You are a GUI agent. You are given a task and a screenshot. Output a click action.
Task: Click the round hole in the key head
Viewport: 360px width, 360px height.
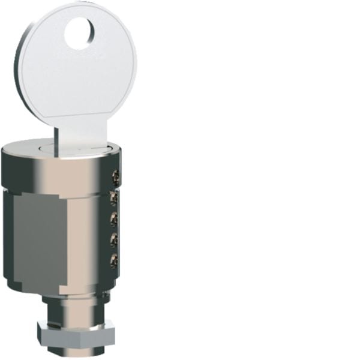click(79, 34)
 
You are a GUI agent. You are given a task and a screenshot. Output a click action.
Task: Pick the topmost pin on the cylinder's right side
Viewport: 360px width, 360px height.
click(115, 177)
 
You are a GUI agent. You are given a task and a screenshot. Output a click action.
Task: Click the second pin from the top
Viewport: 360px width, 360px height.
click(114, 197)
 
